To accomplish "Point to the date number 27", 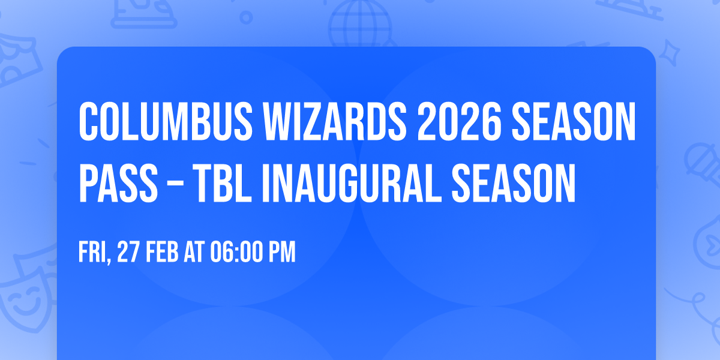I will click(128, 253).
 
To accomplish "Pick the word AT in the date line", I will click(193, 253).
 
